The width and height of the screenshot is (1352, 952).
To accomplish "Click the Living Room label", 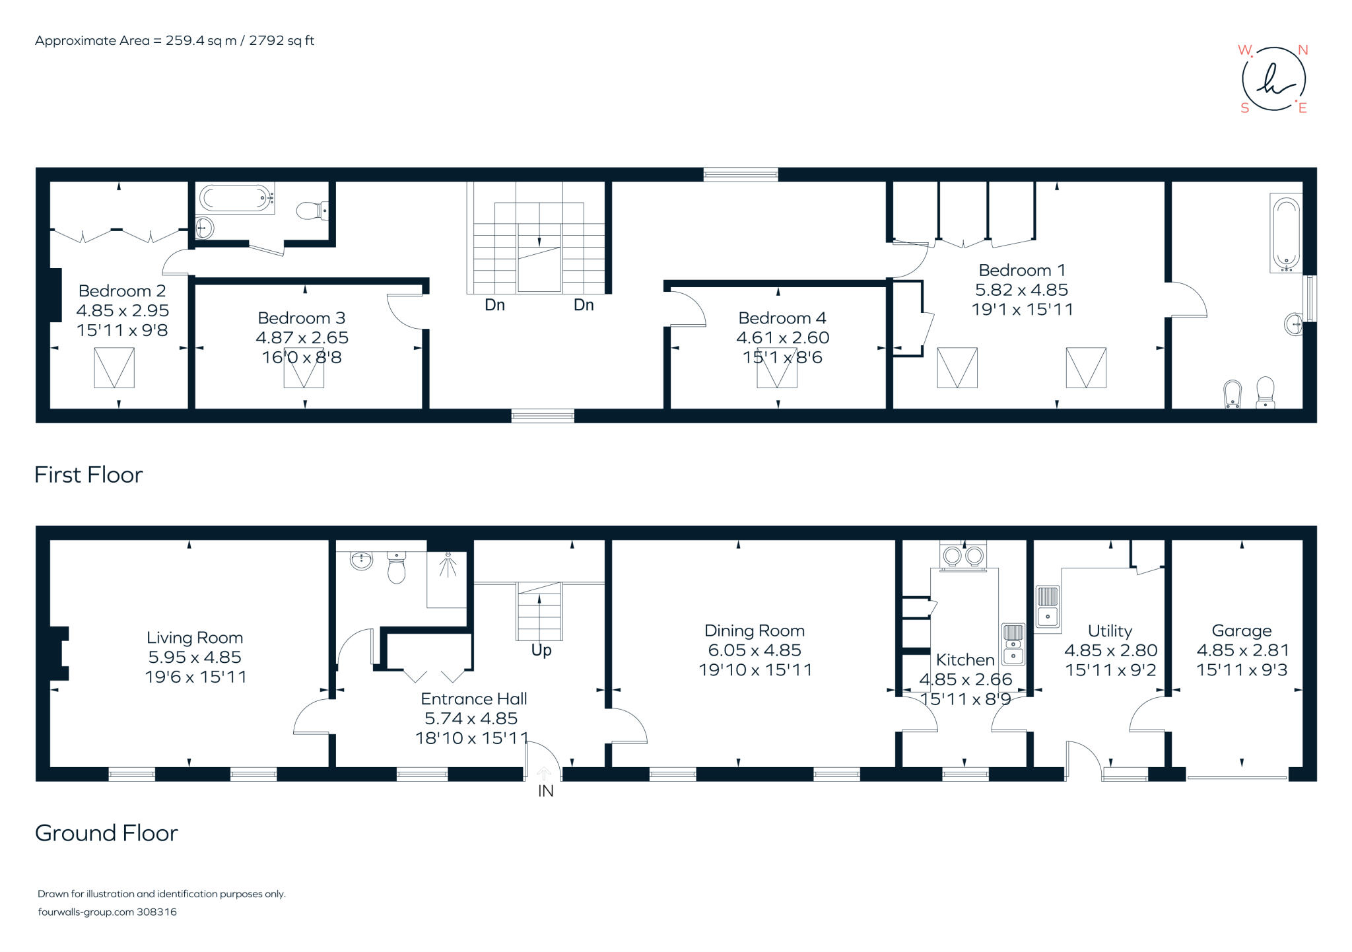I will (x=195, y=638).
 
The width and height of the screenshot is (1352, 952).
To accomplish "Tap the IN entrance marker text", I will (x=545, y=791).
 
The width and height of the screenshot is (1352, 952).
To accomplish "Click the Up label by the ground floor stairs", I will (x=541, y=650).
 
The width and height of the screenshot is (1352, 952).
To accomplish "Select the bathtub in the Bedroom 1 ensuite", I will (x=1285, y=233).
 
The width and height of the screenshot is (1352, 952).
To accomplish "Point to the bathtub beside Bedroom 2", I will (x=236, y=197).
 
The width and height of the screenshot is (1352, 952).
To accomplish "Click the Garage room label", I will (x=1241, y=630).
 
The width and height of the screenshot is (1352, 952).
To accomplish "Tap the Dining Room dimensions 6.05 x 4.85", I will (x=754, y=650).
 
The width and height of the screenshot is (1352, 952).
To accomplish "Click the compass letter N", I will (x=1302, y=50).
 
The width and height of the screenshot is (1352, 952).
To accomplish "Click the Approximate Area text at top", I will (x=174, y=40).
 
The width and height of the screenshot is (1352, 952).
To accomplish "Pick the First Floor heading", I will (x=88, y=475).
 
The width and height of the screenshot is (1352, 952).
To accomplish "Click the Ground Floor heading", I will (x=106, y=833).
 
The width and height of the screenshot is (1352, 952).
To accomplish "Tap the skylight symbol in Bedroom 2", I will (x=114, y=368).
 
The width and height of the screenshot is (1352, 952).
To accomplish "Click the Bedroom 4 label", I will (x=782, y=318).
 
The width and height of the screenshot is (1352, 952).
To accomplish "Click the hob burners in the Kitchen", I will (x=963, y=556).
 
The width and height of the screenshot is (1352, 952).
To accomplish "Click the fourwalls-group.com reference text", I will (x=107, y=912).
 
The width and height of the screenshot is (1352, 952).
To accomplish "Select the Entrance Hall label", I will (x=473, y=698).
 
